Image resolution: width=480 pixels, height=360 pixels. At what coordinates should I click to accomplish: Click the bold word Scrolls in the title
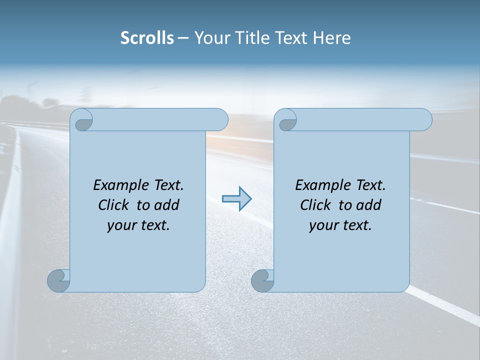point(147,38)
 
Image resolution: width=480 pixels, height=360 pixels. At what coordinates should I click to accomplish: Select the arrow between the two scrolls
point(237,199)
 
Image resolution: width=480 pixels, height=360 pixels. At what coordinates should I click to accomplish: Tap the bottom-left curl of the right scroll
point(262,280)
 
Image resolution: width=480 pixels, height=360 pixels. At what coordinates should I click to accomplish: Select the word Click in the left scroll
point(114,205)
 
